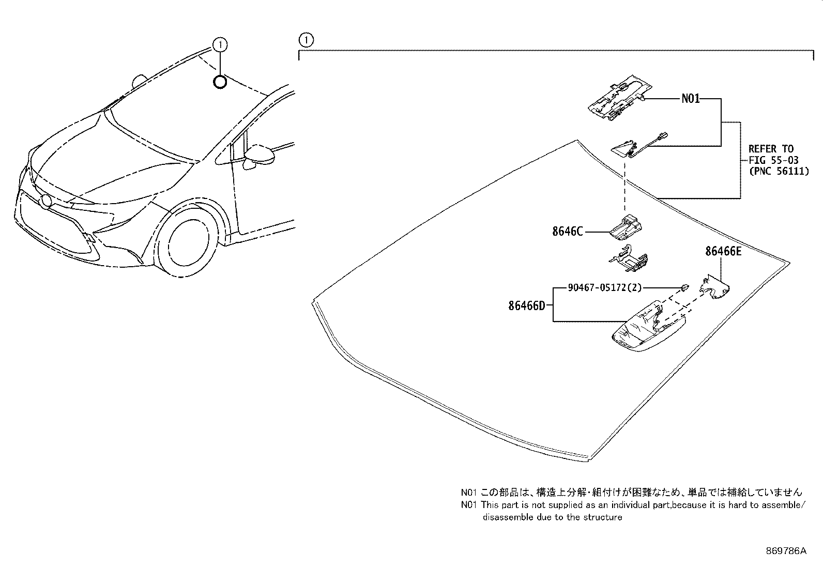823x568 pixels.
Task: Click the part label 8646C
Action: click(567, 232)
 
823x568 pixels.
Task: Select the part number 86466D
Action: click(526, 305)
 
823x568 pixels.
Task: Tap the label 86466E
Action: click(723, 251)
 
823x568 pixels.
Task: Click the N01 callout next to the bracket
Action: click(690, 98)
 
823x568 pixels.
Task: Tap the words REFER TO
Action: click(771, 149)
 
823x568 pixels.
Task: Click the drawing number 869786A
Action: click(786, 551)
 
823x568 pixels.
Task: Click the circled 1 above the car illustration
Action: click(220, 45)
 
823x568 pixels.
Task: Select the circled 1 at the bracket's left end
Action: click(306, 39)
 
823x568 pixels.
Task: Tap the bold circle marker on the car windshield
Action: click(220, 81)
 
